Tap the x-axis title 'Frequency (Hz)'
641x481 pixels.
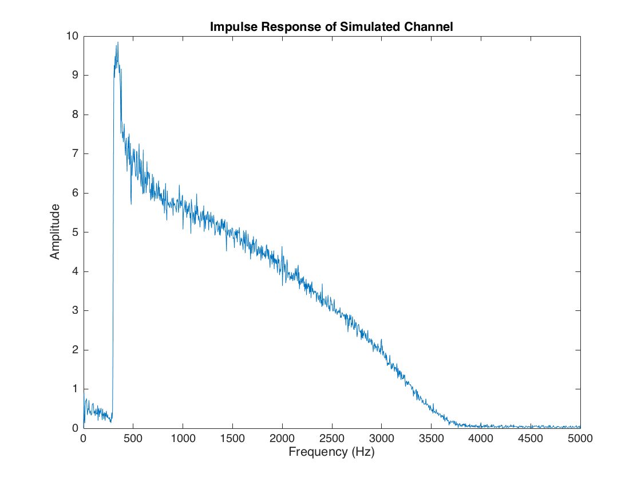(x=332, y=452)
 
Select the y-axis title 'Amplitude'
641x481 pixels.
(x=55, y=231)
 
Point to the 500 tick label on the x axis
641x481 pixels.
(x=133, y=439)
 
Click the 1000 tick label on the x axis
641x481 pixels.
(x=183, y=439)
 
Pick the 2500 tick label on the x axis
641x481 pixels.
(x=332, y=439)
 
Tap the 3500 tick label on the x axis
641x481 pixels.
(x=431, y=439)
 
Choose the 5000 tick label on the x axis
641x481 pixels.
(x=580, y=439)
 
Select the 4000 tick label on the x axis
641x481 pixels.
(x=481, y=439)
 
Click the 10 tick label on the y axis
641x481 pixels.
(x=73, y=36)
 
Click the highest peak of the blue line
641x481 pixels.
(x=117, y=42)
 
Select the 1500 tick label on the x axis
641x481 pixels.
(x=232, y=439)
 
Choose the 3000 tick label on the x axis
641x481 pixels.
(x=381, y=439)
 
